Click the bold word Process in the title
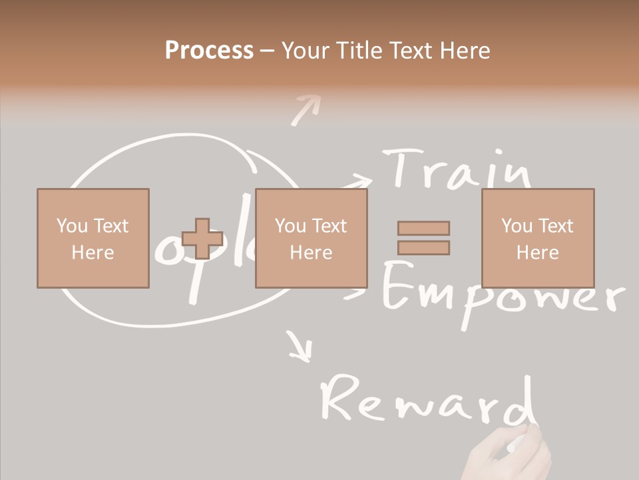(x=209, y=51)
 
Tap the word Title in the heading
(x=360, y=51)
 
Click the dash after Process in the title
(x=267, y=51)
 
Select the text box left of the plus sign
(x=93, y=238)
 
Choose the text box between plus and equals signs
(x=311, y=238)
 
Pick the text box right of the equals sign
(x=538, y=238)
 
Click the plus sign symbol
(x=202, y=239)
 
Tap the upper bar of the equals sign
(x=423, y=228)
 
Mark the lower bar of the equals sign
(x=423, y=248)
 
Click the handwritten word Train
(x=459, y=169)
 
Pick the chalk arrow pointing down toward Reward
(x=300, y=347)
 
